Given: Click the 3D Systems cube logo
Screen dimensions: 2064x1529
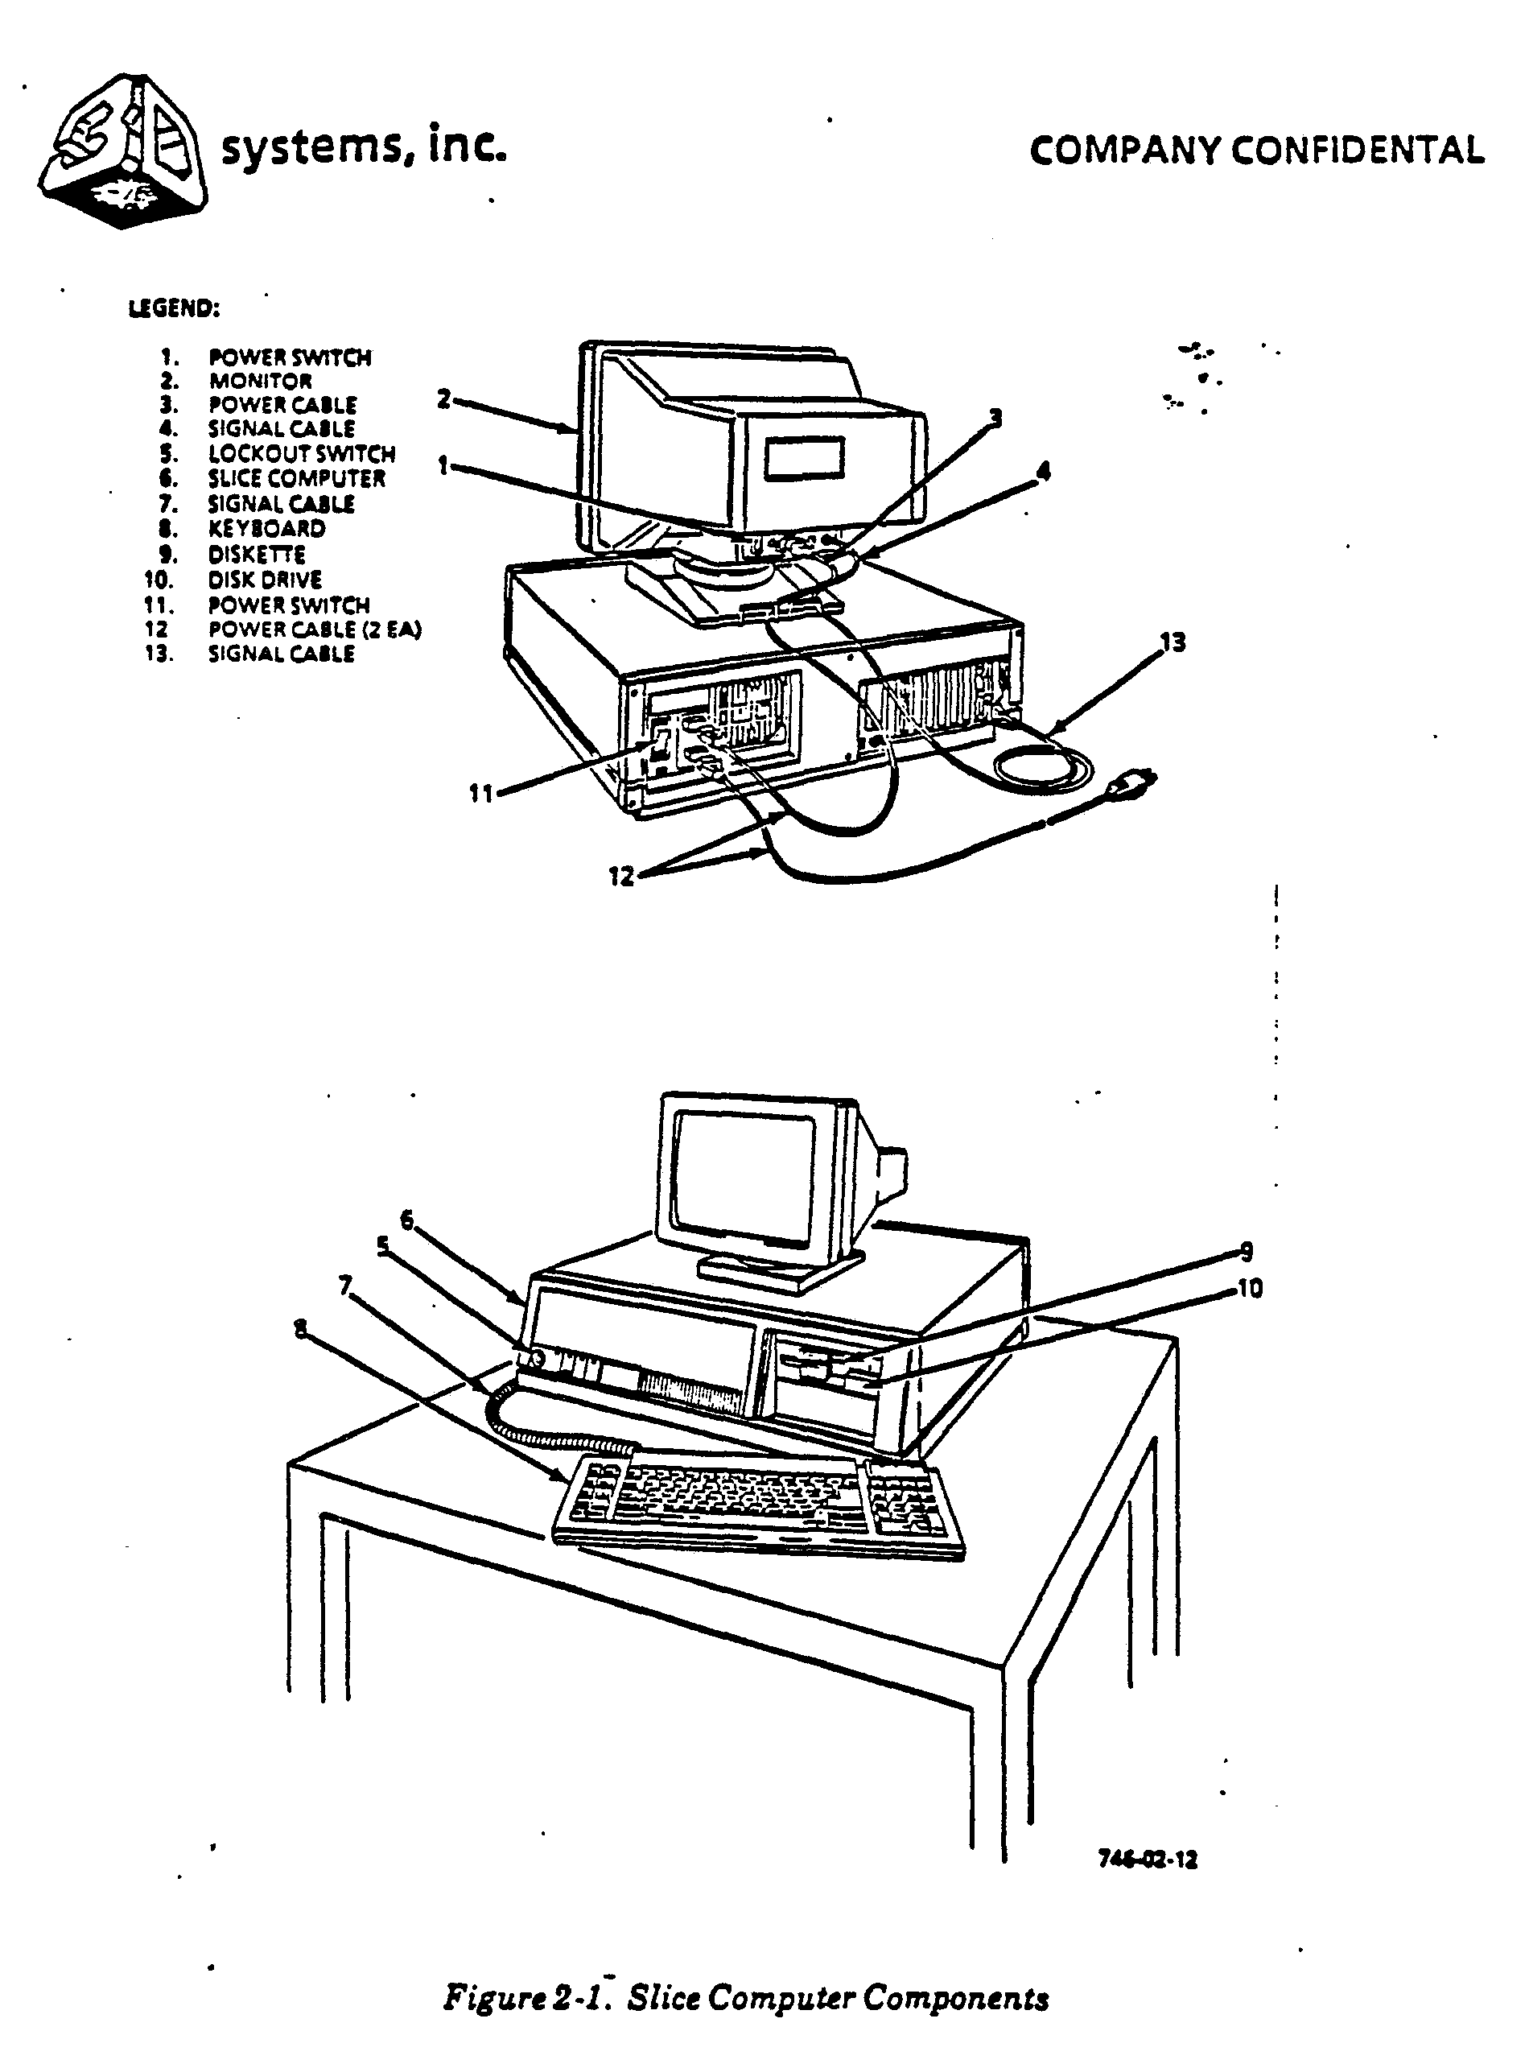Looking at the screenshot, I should coord(122,150).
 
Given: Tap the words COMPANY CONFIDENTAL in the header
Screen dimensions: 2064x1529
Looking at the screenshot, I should coord(1256,151).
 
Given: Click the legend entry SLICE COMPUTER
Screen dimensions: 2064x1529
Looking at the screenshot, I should coord(295,478).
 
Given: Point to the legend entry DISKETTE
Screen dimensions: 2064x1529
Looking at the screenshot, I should coord(257,555).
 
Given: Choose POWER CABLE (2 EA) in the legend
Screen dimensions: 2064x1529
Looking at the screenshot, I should coord(315,630).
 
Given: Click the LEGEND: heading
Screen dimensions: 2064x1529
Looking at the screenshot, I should coord(173,309).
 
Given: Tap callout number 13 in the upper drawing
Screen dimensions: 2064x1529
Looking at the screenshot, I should coord(1172,642).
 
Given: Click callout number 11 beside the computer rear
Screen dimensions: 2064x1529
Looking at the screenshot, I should coord(480,793).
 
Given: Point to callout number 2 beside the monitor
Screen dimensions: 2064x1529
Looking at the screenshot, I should coord(443,400).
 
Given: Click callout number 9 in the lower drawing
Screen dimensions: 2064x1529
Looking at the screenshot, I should coord(1247,1251).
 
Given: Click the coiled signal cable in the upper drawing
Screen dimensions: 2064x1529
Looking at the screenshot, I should coord(1041,767).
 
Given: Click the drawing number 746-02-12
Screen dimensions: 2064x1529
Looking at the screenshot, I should coord(1147,1860).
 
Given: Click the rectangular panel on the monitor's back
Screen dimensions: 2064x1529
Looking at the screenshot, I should coord(803,460).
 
